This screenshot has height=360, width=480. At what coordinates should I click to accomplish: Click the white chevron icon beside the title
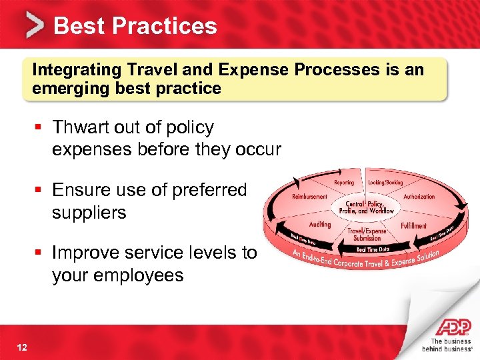(x=35, y=25)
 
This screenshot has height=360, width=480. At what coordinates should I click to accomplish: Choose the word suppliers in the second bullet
(x=89, y=213)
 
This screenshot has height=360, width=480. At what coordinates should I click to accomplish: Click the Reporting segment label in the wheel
(x=343, y=182)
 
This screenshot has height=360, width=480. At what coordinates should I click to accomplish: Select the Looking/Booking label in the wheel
(x=385, y=182)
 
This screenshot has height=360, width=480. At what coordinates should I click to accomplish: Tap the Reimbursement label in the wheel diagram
(x=309, y=197)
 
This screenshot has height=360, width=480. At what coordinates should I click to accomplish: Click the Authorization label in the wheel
(x=419, y=197)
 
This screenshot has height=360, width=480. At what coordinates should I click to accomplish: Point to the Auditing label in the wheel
(x=319, y=225)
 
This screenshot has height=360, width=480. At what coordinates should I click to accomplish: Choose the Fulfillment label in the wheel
(x=413, y=226)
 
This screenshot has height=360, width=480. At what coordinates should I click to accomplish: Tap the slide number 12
(x=21, y=344)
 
